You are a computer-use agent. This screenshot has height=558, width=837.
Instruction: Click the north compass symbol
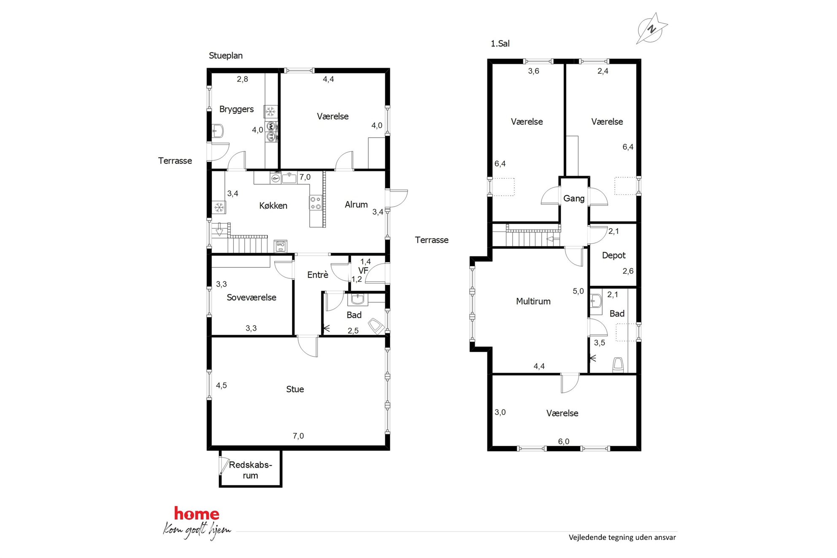pyautogui.click(x=652, y=28)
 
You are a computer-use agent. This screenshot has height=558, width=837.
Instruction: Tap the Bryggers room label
pyautogui.click(x=236, y=109)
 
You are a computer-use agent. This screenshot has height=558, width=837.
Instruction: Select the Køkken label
pyautogui.click(x=273, y=205)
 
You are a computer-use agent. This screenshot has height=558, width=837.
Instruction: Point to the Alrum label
pyautogui.click(x=356, y=205)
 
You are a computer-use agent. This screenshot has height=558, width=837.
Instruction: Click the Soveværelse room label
pyautogui.click(x=251, y=297)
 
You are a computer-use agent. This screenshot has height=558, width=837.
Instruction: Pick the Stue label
pyautogui.click(x=295, y=389)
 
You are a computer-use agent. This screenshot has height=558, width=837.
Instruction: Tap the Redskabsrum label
pyautogui.click(x=250, y=470)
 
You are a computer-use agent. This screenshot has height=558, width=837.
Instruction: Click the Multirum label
pyautogui.click(x=533, y=301)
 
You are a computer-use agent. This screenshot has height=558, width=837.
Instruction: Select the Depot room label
pyautogui.click(x=614, y=256)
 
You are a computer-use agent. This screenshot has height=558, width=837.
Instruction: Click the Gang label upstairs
pyautogui.click(x=574, y=199)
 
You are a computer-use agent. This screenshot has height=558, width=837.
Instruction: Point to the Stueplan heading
pyautogui.click(x=226, y=56)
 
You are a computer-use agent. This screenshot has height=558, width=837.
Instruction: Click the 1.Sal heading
pyautogui.click(x=500, y=43)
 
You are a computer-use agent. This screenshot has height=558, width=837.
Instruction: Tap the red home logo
pyautogui.click(x=197, y=514)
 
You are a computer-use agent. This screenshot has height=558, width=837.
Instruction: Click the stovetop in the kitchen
pyautogui.click(x=315, y=203)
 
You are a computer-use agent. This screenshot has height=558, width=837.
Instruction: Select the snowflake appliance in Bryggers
pyautogui.click(x=270, y=112)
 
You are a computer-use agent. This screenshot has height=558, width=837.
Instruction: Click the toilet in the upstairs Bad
pyautogui.click(x=618, y=365)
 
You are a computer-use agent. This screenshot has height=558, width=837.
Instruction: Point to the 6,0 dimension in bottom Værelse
pyautogui.click(x=564, y=442)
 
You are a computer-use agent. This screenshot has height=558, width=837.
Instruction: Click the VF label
pyautogui.click(x=363, y=270)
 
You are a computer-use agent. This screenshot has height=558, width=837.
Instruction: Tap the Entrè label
pyautogui.click(x=318, y=275)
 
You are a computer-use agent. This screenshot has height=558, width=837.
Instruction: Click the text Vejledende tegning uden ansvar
pyautogui.click(x=622, y=537)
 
